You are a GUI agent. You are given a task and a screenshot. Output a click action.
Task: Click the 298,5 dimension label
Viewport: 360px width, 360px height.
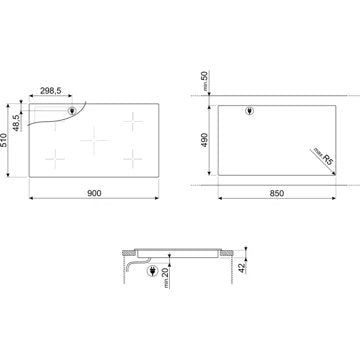51,90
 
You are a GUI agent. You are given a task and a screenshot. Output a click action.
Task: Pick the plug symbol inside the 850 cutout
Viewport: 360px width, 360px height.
250,113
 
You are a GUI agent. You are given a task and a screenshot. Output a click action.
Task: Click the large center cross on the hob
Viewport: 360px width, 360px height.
92,140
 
